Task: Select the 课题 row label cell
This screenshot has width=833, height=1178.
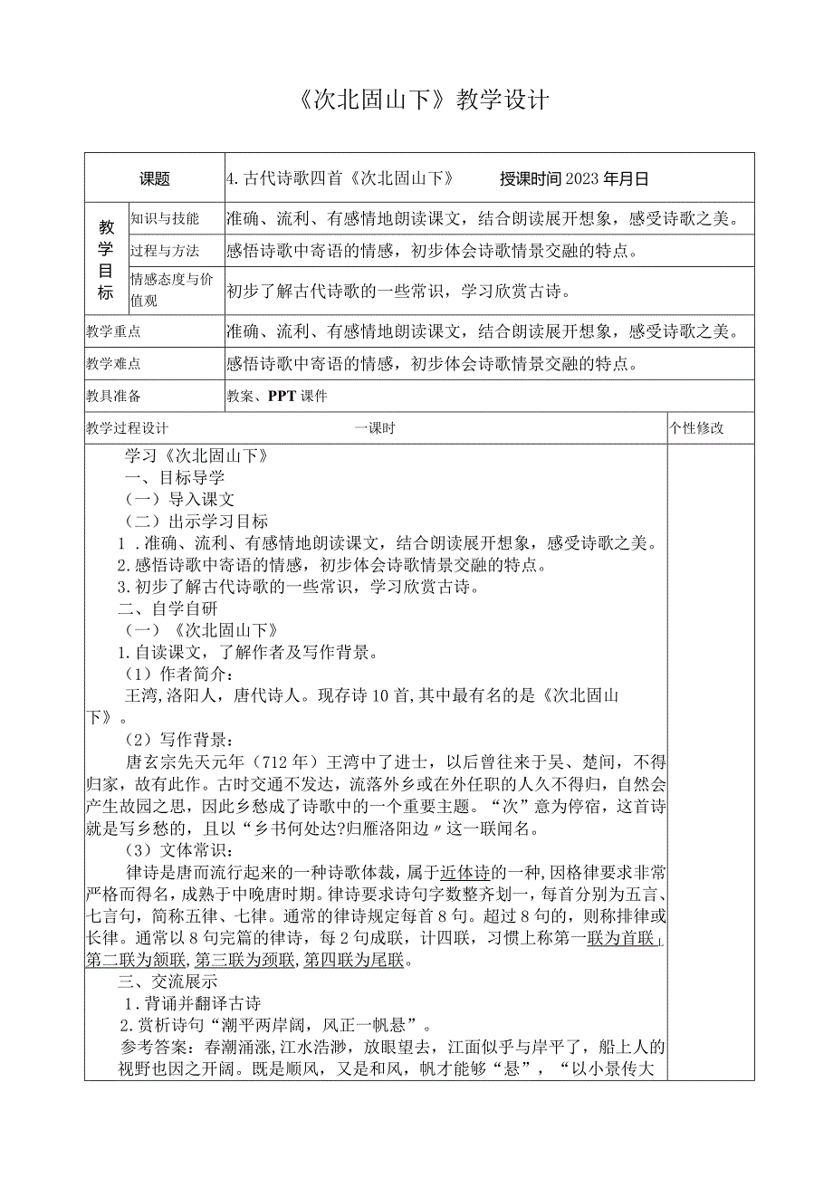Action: tap(155, 179)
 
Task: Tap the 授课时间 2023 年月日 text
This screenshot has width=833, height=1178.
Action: tap(574, 179)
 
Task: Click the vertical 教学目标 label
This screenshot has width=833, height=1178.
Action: tap(107, 259)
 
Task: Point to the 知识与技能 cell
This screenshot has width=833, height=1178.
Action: tap(165, 218)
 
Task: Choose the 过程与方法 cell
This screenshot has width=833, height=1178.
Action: tap(165, 251)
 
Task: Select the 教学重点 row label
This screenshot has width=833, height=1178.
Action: tap(114, 331)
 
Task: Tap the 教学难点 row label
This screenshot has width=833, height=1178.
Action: tap(114, 364)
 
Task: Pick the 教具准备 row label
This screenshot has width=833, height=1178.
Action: tap(114, 397)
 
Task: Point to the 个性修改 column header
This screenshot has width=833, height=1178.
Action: tap(697, 428)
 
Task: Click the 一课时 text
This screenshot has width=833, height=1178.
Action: tap(375, 428)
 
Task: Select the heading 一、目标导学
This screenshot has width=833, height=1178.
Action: tap(174, 478)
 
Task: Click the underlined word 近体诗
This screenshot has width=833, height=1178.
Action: tap(465, 872)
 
